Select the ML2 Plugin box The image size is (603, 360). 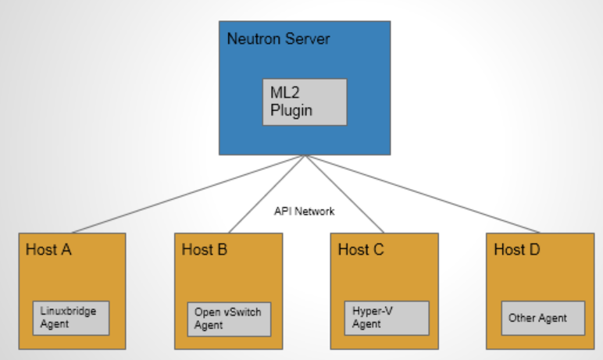click(305, 102)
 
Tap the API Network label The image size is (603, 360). click(304, 211)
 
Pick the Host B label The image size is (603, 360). click(205, 250)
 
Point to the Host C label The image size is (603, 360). click(361, 250)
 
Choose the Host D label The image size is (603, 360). click(517, 250)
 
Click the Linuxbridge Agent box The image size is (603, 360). click(70, 318)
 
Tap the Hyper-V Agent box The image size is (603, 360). click(387, 317)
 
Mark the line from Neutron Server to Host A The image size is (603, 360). click(187, 194)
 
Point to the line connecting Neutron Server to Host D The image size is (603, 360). click(422, 194)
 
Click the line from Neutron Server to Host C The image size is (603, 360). click(344, 194)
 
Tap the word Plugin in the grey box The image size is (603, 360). click(291, 110)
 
